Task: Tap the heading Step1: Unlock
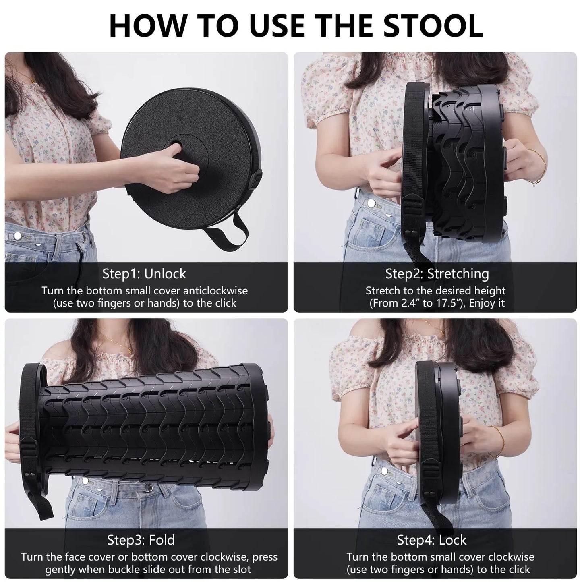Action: tap(144, 273)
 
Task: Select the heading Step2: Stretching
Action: tap(437, 273)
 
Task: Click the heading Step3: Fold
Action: tap(141, 539)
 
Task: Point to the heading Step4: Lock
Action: tap(431, 539)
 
